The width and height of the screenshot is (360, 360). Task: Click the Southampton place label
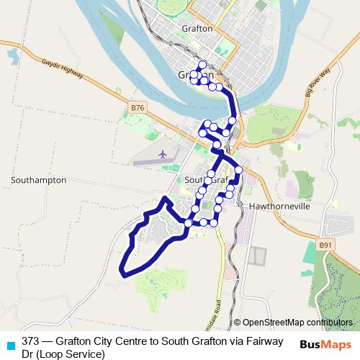pos(39,180)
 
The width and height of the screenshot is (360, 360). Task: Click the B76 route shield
pos(138,107)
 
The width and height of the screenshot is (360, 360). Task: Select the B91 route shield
pos(326,245)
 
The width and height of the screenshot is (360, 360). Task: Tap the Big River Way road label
pos(317,81)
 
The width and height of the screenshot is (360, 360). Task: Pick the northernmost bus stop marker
pos(202,65)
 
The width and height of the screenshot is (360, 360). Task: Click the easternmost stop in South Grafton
pos(238,170)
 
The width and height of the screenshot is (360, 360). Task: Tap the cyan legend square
pos(10,343)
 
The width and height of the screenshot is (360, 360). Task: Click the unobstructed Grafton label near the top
pos(197,29)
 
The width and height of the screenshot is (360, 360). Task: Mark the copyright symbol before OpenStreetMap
pos(238,322)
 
